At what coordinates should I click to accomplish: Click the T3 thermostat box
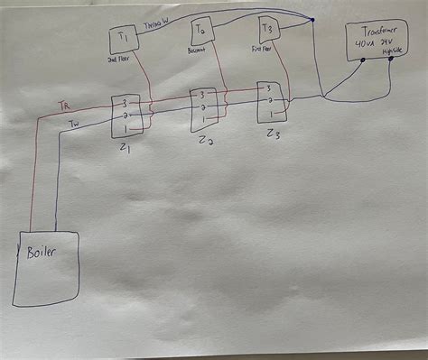tap(267, 32)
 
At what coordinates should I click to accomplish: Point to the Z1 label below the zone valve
tap(123, 147)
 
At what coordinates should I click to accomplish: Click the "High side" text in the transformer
tap(392, 51)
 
